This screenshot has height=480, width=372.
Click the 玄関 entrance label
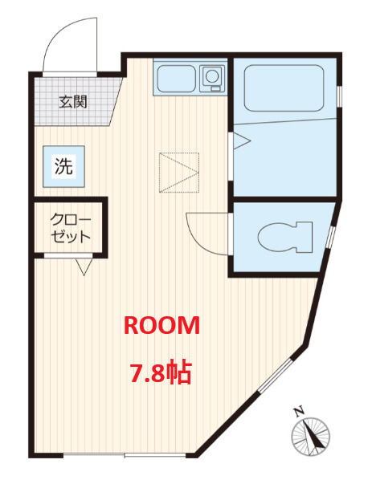pos(73,102)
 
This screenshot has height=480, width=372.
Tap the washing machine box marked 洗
pos(63,166)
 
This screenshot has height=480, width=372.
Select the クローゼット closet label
pos(71,228)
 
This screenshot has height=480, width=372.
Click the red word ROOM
pos(161,325)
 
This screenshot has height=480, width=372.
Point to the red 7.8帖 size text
pos(161,372)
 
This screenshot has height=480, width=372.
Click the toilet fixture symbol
pos(285,237)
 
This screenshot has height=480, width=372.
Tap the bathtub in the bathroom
pos(284,87)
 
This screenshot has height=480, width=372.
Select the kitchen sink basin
pos(176,79)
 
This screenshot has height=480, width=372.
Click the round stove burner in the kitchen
pos(212,76)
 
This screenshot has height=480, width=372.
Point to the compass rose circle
pos(310,436)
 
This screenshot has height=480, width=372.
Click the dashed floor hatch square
pos(179,173)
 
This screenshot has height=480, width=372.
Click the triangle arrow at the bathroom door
pos(242,140)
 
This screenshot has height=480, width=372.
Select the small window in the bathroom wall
pos(340,96)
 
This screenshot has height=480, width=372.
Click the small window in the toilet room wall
pos(331,237)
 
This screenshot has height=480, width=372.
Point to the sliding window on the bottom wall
pos(125,455)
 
